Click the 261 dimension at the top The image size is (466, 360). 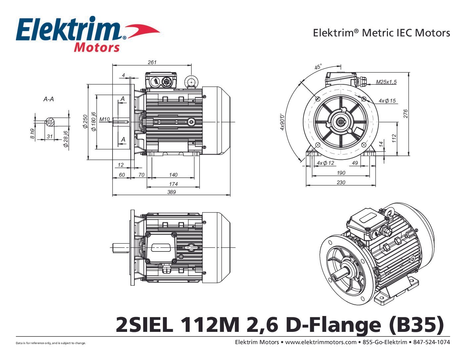152,62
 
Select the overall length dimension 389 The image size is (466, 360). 171,192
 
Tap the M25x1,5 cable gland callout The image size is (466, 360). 386,82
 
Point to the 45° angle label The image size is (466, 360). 318,67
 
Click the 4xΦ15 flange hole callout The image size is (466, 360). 387,101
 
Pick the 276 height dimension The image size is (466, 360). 405,113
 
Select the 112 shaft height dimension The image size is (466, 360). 394,138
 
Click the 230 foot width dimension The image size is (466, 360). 341,182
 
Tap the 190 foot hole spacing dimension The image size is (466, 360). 341,173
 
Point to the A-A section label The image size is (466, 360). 49,99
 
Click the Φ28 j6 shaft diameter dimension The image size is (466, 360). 66,139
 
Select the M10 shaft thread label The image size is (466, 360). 104,119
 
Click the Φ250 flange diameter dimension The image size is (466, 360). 85,121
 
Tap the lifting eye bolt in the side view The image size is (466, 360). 192,81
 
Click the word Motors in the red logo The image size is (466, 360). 97,47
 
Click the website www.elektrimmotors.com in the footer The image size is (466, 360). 321,342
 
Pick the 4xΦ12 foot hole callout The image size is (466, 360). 325,163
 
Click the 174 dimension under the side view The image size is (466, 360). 173,184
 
